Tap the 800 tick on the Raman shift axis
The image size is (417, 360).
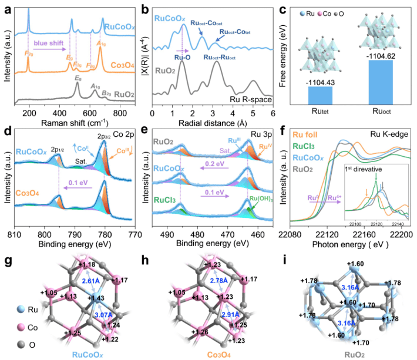120,113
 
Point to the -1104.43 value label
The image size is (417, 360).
321,80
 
